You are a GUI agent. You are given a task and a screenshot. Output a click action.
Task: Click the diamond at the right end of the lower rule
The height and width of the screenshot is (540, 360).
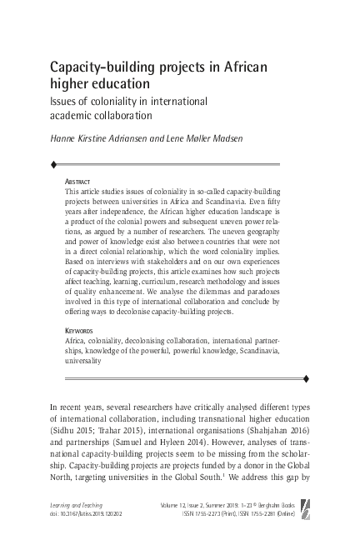307,379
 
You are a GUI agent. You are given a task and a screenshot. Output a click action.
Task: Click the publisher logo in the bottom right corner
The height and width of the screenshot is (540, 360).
327,509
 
